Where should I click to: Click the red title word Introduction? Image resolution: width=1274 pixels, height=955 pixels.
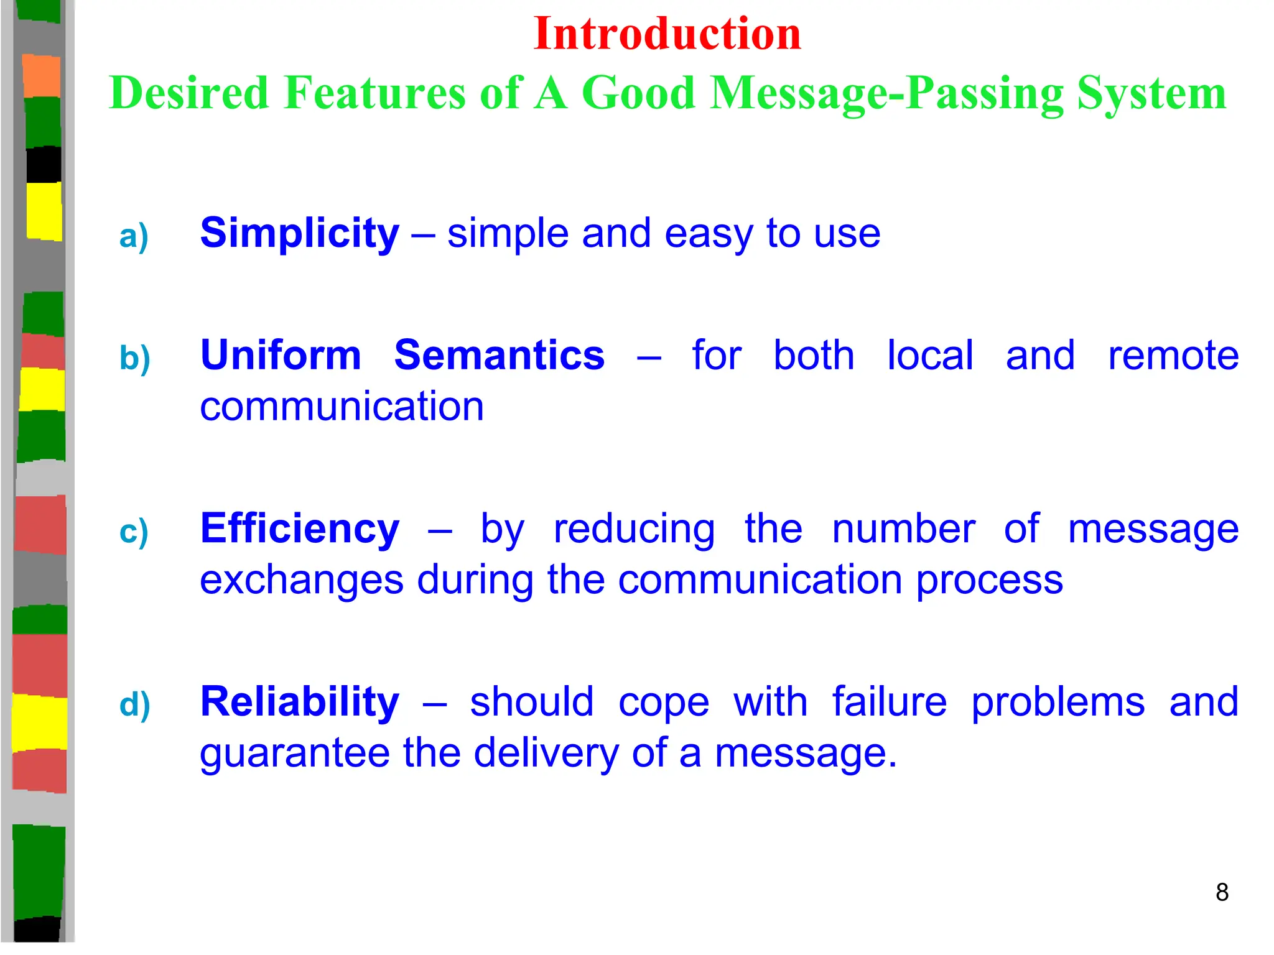[667, 34]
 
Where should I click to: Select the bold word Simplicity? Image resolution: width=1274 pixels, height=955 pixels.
[299, 234]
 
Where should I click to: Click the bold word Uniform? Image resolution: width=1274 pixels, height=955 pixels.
[281, 356]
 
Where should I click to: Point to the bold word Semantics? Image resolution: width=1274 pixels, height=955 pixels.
[499, 356]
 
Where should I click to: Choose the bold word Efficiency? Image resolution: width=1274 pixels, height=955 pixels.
[299, 529]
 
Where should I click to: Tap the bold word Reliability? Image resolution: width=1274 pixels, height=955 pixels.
[299, 703]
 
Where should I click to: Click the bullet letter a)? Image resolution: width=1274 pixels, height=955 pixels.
[134, 237]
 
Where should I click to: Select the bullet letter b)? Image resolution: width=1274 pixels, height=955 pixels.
[134, 359]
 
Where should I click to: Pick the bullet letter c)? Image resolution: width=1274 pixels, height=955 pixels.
[134, 532]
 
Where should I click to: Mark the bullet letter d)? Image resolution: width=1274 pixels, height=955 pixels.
[134, 705]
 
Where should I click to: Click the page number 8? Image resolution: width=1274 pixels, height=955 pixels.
[1222, 892]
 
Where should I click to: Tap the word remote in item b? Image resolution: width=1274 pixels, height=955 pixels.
[1173, 356]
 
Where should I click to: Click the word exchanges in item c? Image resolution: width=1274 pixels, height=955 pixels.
[302, 581]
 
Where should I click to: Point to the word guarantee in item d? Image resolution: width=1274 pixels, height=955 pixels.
[294, 754]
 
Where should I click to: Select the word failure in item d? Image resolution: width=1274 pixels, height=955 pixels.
[890, 703]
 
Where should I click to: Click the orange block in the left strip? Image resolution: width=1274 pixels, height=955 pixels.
[41, 75]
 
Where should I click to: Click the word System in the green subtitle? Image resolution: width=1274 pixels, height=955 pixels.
[1151, 93]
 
